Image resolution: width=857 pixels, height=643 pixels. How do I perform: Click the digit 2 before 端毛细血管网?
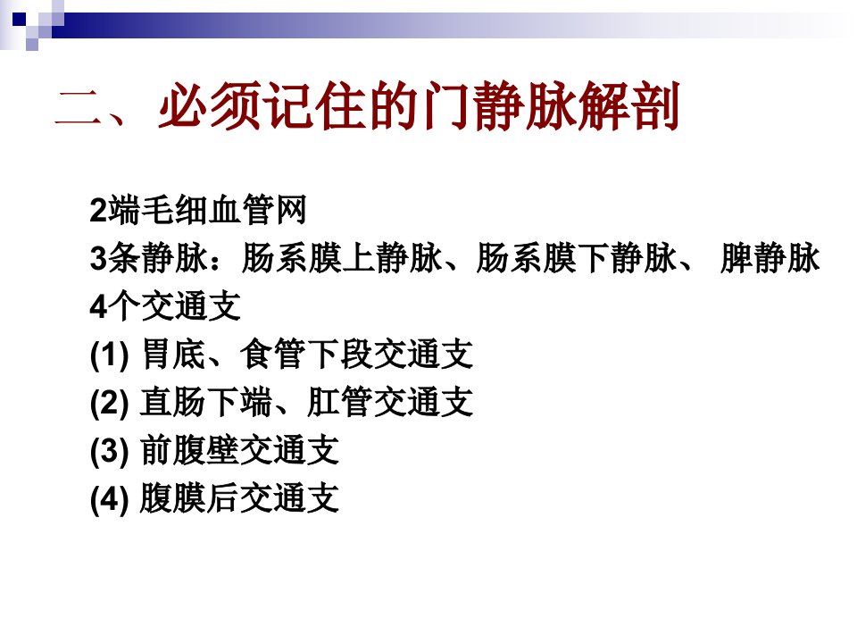(x=98, y=210)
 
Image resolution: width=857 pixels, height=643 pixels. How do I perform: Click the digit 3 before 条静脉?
(x=98, y=258)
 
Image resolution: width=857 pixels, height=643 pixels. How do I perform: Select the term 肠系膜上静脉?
(x=342, y=257)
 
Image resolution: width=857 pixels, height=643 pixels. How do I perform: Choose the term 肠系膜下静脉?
(x=576, y=257)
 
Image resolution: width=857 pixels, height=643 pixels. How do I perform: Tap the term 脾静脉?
(x=770, y=257)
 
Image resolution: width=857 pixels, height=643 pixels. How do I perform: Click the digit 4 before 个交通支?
(x=98, y=306)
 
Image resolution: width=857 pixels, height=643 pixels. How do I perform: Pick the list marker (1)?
(x=109, y=355)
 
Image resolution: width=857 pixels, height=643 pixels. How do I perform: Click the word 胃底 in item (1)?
(x=173, y=354)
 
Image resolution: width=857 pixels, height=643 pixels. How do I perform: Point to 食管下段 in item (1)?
(x=306, y=354)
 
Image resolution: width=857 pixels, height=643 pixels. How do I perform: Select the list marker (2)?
(x=109, y=403)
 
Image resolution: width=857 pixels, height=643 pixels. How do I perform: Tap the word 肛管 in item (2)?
(x=340, y=402)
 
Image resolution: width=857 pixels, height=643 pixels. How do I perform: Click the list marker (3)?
(x=109, y=450)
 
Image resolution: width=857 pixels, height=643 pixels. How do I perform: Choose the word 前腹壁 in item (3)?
(x=189, y=450)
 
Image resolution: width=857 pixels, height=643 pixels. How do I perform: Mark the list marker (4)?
(x=109, y=498)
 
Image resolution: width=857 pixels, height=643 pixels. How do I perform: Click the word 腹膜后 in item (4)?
(x=189, y=498)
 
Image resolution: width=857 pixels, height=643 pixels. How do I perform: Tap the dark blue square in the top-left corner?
(x=19, y=19)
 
